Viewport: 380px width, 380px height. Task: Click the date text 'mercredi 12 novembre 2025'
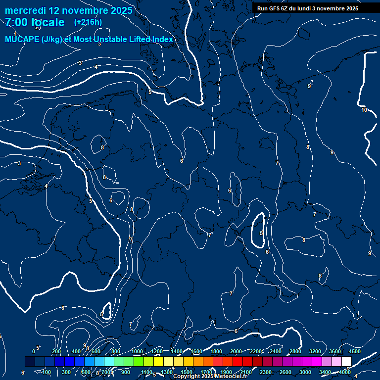click(69, 10)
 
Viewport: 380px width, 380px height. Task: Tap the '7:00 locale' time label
click(35, 22)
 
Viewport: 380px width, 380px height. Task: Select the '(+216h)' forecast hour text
click(88, 22)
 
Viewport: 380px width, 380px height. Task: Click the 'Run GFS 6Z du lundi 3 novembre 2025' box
click(308, 8)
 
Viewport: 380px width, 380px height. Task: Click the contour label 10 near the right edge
click(364, 110)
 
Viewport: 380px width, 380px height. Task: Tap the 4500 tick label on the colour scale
click(355, 351)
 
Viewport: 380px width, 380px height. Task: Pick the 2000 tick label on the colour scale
click(236, 351)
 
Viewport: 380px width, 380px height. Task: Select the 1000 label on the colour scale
click(137, 351)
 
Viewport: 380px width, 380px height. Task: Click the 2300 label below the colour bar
click(266, 372)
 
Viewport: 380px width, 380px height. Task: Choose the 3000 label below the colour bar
click(305, 372)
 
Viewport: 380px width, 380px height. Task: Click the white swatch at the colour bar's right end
click(346, 362)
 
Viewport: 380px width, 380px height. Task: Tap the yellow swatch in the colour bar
click(168, 362)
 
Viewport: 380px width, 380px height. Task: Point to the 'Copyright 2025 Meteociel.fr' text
click(210, 377)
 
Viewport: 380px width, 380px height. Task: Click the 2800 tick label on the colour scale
click(295, 351)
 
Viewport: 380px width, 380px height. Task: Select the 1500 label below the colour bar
click(187, 372)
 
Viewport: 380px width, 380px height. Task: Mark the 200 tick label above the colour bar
click(56, 351)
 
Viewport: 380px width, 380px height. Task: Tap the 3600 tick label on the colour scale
click(335, 351)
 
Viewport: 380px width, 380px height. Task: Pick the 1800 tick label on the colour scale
click(216, 351)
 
